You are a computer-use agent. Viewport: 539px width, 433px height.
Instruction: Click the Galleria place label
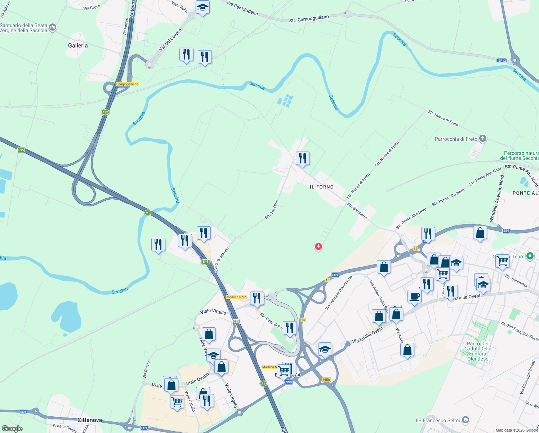click(78, 45)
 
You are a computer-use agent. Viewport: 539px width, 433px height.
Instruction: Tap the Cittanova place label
click(90, 420)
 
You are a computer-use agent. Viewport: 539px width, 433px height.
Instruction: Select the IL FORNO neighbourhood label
click(322, 187)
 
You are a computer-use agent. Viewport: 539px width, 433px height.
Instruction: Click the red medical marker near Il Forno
click(318, 247)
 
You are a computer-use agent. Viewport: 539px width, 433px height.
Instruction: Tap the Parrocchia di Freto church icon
click(483, 139)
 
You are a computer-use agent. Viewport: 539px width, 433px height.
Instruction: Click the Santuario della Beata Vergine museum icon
click(53, 27)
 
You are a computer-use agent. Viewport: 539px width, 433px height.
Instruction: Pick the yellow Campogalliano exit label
click(127, 84)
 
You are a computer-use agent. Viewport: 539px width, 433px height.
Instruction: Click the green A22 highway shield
click(105, 112)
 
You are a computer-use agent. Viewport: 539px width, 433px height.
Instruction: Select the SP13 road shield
click(502, 61)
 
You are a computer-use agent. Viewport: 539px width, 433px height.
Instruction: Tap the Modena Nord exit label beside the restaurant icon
click(236, 297)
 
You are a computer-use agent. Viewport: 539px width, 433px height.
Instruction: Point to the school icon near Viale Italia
click(202, 7)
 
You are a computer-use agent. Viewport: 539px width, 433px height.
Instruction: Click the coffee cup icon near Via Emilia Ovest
click(414, 297)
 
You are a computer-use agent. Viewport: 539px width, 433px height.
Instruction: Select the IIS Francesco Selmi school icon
click(465, 420)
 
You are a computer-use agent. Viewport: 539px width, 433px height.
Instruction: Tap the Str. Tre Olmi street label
click(272, 210)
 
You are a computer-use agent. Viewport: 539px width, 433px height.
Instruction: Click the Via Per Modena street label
click(242, 8)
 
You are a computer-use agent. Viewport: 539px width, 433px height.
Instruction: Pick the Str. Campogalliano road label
click(309, 19)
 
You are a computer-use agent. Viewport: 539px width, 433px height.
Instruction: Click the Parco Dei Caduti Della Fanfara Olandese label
click(478, 351)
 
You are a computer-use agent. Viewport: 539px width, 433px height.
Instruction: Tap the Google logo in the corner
click(12, 429)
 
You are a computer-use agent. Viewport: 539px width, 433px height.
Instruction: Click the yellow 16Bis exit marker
click(326, 380)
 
